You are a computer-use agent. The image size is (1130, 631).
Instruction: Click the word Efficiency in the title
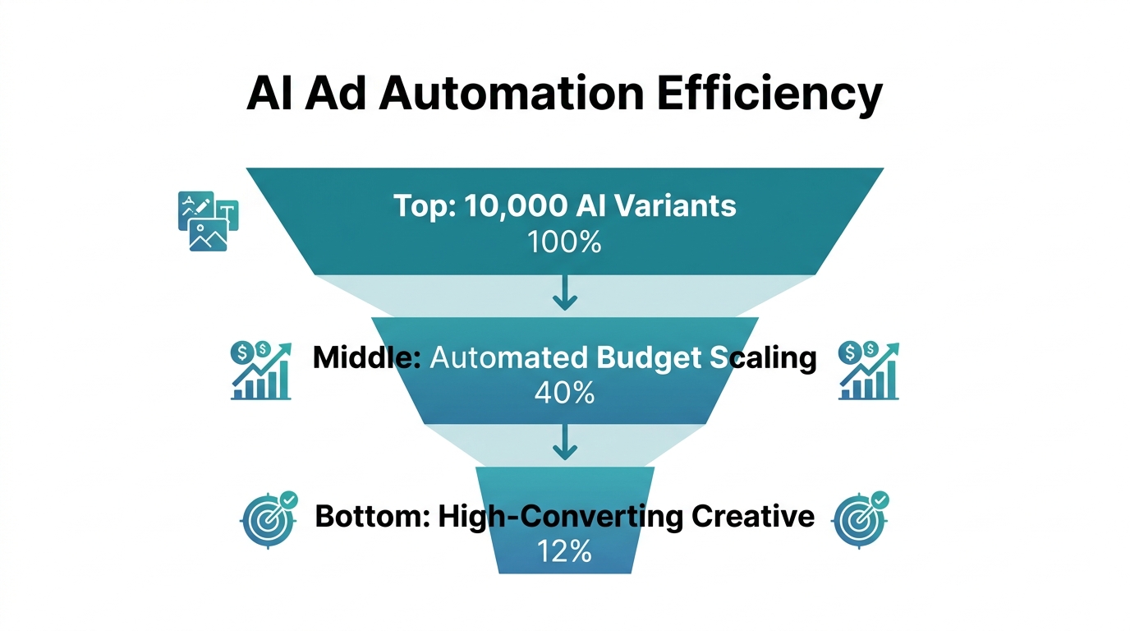(769, 94)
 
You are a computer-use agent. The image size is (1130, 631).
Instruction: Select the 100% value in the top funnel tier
(565, 242)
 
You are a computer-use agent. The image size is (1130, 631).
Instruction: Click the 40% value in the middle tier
(564, 394)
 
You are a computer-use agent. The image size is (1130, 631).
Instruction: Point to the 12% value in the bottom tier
(564, 550)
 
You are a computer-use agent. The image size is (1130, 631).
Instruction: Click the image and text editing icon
(208, 220)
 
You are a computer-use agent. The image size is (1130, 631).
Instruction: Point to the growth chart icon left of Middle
(261, 371)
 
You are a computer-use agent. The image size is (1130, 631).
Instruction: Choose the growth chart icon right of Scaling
(868, 371)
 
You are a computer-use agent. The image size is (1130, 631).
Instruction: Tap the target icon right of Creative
(860, 518)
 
